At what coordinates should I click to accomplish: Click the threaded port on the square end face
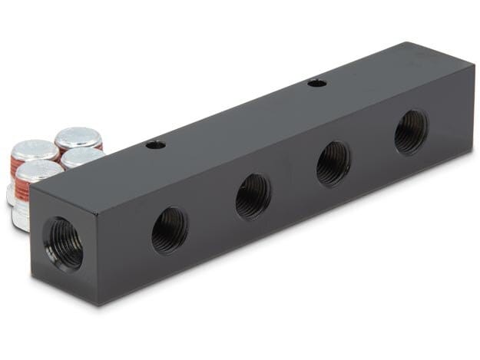pos(63,242)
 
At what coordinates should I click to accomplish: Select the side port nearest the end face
pos(169,230)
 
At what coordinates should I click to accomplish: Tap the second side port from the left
pos(253,196)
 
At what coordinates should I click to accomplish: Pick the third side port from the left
pos(333,163)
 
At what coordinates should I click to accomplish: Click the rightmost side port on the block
pos(411,131)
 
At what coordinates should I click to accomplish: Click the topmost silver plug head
pos(78,137)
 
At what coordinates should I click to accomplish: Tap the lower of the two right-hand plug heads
pos(82,157)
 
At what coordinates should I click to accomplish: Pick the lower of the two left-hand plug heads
pos(38,170)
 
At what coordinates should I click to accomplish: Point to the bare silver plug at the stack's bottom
pos(20,217)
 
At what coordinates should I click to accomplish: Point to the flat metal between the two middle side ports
pos(293,180)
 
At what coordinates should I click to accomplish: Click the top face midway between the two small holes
pos(235,113)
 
